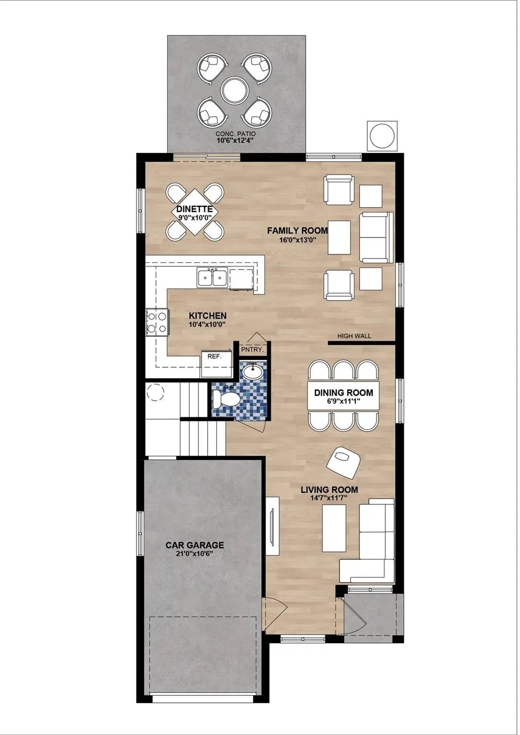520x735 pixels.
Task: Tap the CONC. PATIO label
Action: click(x=235, y=134)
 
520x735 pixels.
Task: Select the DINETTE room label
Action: click(x=195, y=209)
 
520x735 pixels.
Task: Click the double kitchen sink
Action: click(x=213, y=278)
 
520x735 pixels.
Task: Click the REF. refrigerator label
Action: click(x=215, y=356)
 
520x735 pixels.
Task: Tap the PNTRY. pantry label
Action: click(x=252, y=350)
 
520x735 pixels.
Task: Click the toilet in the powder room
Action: click(x=226, y=400)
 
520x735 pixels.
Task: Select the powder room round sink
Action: click(x=252, y=372)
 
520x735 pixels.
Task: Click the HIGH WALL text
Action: click(x=354, y=336)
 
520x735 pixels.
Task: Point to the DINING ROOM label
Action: click(x=343, y=392)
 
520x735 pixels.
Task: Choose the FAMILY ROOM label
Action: click(x=297, y=231)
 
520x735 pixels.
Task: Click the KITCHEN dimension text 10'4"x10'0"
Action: click(x=207, y=324)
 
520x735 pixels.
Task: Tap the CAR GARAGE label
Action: click(x=195, y=546)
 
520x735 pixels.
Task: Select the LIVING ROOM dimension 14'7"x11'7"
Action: click(x=329, y=498)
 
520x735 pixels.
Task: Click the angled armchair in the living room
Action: click(x=343, y=463)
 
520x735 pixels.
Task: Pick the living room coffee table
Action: click(x=334, y=528)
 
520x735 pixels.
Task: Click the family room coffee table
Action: click(x=339, y=237)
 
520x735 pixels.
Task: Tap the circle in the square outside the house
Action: click(x=382, y=135)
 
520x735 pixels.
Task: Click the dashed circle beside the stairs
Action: click(x=155, y=392)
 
